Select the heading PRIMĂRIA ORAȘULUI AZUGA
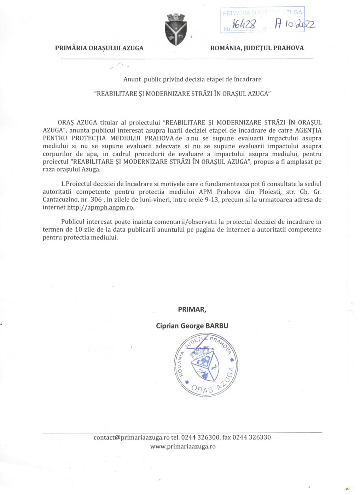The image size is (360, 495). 99,48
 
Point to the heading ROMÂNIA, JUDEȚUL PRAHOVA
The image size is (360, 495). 257,48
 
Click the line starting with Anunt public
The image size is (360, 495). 192,79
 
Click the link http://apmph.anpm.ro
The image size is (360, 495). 101,208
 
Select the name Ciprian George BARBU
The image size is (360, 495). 192,326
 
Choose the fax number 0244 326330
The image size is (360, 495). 251,437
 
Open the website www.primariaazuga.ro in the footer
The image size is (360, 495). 183,447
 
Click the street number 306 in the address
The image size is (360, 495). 96,200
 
